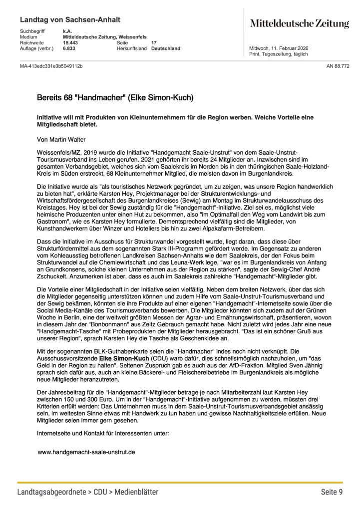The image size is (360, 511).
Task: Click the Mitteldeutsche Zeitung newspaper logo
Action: (299, 23)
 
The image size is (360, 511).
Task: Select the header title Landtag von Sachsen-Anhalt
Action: (70, 19)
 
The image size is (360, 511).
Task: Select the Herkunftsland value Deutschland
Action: (166, 48)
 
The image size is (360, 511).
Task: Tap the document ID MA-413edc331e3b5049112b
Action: (51, 66)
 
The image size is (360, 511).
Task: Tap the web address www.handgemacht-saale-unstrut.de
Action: (86, 452)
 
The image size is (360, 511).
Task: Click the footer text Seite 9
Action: (332, 492)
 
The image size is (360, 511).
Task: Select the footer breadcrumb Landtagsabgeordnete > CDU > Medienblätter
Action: (88, 492)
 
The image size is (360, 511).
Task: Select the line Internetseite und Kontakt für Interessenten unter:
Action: (103, 433)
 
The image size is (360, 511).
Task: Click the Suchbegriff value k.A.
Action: (67, 31)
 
